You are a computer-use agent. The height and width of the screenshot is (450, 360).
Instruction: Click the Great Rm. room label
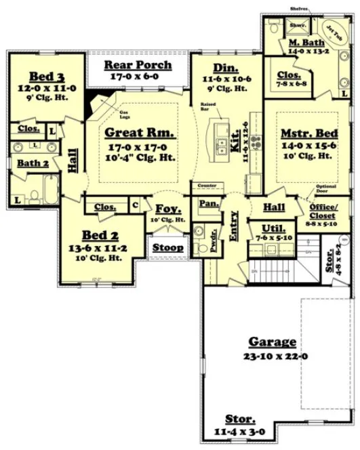pyautogui.click(x=139, y=133)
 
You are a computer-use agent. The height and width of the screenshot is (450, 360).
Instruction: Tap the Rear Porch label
pyautogui.click(x=137, y=66)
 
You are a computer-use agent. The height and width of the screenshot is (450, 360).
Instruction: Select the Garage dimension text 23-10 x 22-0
pyautogui.click(x=272, y=356)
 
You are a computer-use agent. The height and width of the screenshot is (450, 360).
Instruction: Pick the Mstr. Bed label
pyautogui.click(x=306, y=134)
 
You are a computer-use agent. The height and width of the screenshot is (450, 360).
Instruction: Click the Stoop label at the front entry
pyautogui.click(x=167, y=247)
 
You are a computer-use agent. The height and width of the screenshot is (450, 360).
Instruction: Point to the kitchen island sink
pyautogui.click(x=222, y=144)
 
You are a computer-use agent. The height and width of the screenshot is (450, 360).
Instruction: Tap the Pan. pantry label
pyautogui.click(x=207, y=203)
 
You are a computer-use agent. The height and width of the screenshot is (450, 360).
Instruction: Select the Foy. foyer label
pyautogui.click(x=167, y=208)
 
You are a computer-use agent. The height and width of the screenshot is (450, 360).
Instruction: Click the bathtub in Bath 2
pyautogui.click(x=51, y=186)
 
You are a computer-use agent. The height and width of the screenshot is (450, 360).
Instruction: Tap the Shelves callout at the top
pyautogui.click(x=299, y=9)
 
